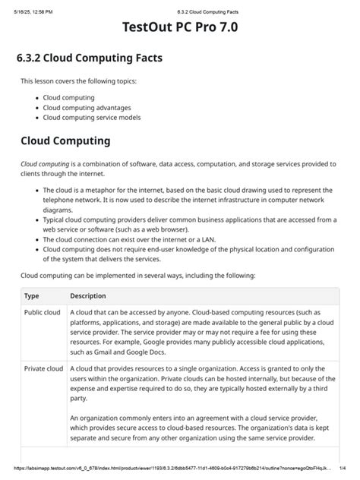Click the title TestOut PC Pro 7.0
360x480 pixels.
[x=179, y=30]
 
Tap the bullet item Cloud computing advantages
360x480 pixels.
[x=85, y=108]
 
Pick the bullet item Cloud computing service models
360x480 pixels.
[x=91, y=118]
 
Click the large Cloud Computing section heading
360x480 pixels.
[x=65, y=141]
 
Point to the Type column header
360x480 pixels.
[x=32, y=295]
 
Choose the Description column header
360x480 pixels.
[x=88, y=295]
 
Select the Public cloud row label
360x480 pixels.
[x=43, y=312]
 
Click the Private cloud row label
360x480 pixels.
[x=43, y=369]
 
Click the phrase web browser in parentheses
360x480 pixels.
[x=164, y=228]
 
